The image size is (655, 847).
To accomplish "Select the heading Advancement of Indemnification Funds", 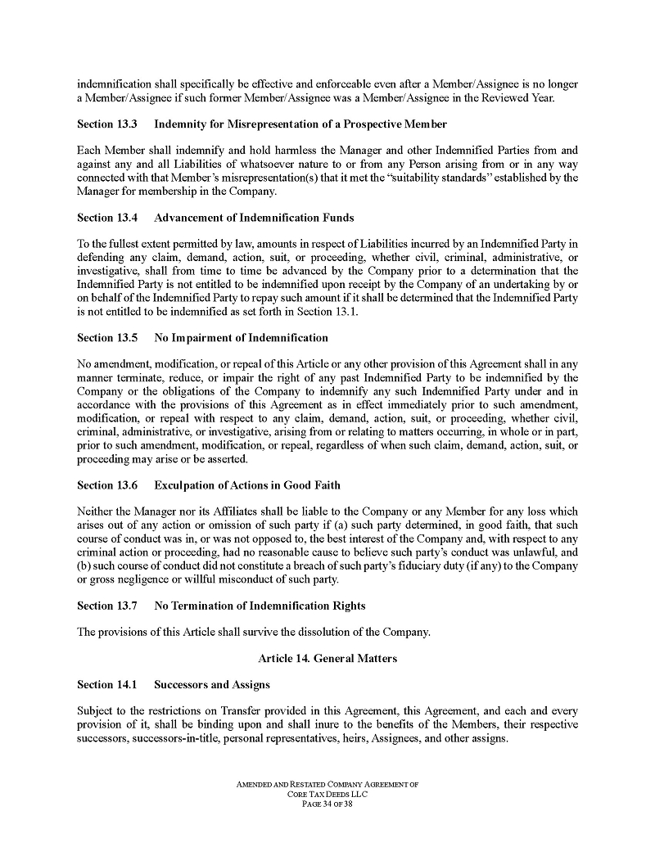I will tap(254, 218).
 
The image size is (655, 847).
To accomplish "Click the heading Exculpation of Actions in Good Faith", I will tap(247, 486).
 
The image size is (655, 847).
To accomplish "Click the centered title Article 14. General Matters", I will tap(327, 659).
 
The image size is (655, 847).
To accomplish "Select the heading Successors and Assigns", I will tap(212, 685).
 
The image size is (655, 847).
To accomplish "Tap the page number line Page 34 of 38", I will tap(327, 804).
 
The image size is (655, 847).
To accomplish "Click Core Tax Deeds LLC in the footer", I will tap(327, 794).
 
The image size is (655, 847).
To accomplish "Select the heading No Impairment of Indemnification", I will tap(241, 337).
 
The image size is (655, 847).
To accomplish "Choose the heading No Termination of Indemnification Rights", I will tap(260, 606).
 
